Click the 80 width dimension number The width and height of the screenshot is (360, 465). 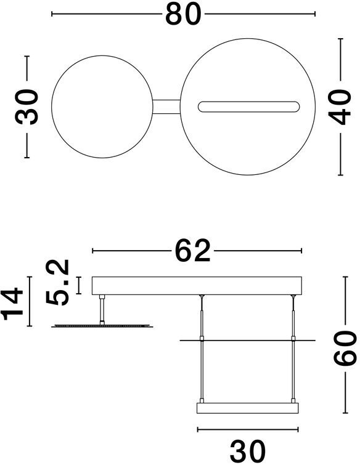coord(183,14)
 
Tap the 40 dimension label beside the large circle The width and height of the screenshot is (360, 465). coord(340,107)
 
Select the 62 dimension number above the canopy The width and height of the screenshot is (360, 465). coord(192,251)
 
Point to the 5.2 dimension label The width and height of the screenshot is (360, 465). coord(57,282)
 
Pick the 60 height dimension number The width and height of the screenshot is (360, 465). coord(345,348)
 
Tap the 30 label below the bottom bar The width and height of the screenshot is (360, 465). coord(248,450)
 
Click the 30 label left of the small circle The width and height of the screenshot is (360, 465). coord(27,107)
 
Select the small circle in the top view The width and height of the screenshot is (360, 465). coord(52,107)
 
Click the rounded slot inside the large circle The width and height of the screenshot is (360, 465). coord(248,107)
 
